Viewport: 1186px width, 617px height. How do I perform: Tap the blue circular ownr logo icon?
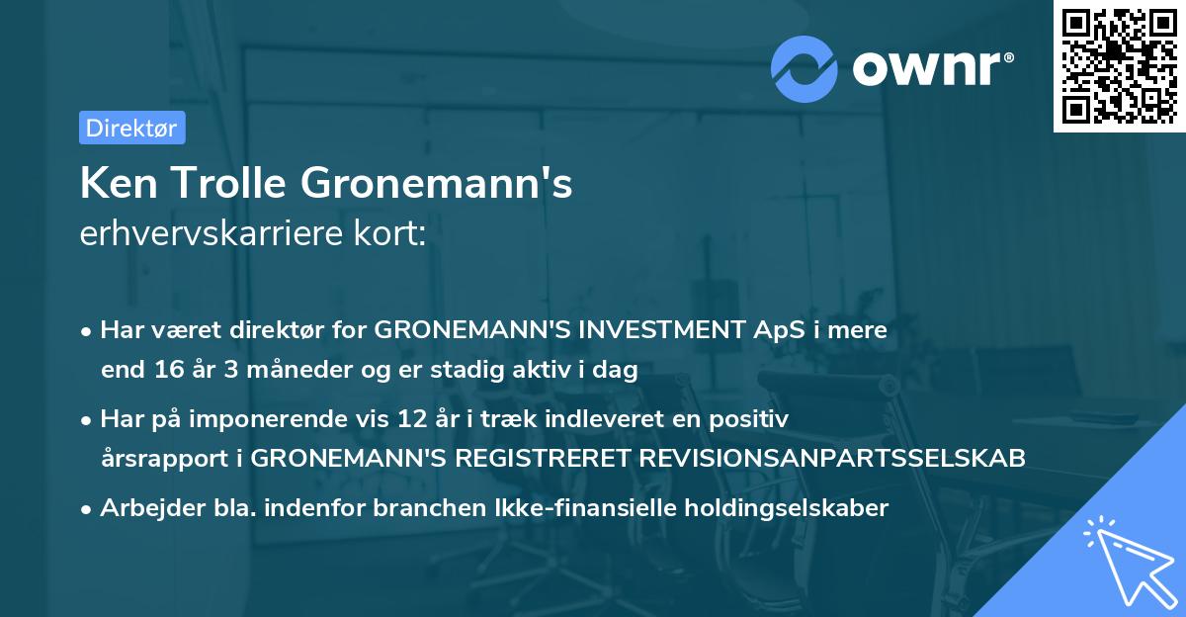click(805, 68)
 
